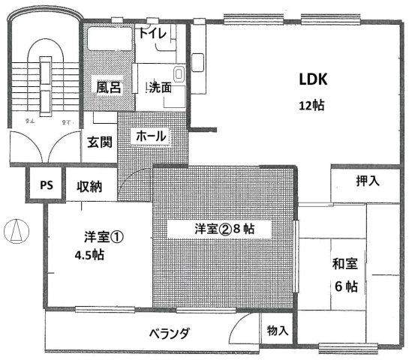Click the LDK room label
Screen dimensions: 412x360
(313, 79)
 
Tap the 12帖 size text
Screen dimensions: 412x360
(311, 106)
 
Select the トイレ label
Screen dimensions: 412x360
(152, 33)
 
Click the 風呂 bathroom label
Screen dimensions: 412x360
(109, 87)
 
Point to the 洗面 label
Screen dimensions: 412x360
(161, 87)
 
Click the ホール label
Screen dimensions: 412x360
(151, 136)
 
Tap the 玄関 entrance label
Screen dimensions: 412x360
(100, 142)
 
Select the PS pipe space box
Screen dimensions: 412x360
(45, 184)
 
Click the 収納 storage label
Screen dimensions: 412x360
(89, 187)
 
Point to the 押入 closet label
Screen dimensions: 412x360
(368, 181)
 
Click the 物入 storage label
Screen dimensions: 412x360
(278, 330)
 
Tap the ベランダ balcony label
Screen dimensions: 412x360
(169, 334)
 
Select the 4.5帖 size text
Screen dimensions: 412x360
(89, 255)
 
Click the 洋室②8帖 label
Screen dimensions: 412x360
(224, 229)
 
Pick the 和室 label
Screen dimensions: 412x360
(345, 264)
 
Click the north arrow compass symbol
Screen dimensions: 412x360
(17, 231)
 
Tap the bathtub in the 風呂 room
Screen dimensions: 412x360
(110, 38)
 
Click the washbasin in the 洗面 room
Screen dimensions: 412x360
(179, 73)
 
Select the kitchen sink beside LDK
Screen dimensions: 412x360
(197, 62)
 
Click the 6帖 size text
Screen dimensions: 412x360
(346, 286)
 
